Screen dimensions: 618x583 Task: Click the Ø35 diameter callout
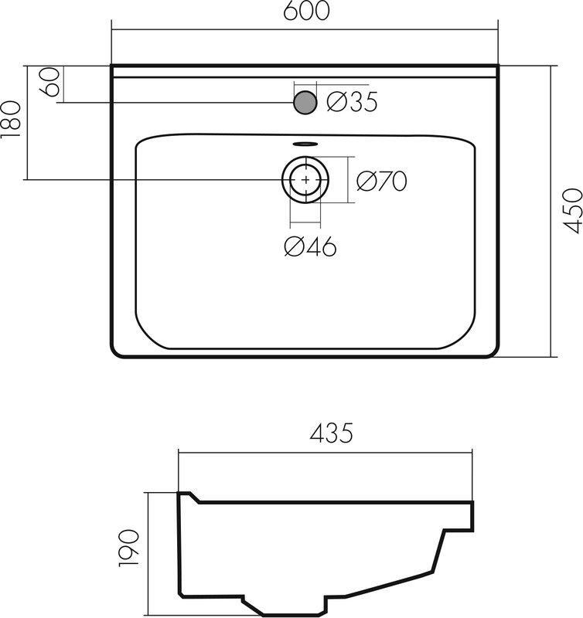pyautogui.click(x=352, y=102)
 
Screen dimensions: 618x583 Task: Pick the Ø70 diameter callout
pyautogui.click(x=381, y=181)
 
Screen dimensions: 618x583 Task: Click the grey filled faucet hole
pyautogui.click(x=305, y=102)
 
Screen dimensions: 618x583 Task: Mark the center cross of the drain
pyautogui.click(x=307, y=179)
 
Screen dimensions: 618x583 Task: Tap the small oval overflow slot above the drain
pyautogui.click(x=306, y=143)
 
